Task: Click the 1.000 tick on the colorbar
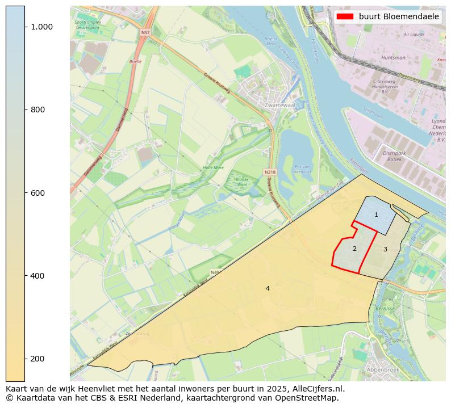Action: (x=41, y=27)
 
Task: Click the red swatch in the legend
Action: (x=345, y=16)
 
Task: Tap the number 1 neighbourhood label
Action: (x=376, y=214)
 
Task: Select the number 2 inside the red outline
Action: (x=354, y=249)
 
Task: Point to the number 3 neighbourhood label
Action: (x=385, y=249)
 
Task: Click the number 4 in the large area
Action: (x=268, y=288)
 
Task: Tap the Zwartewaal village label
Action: (x=278, y=105)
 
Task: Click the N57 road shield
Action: (x=145, y=33)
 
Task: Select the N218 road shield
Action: (x=270, y=171)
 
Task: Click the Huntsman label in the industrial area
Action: (x=393, y=57)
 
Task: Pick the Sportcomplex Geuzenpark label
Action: (x=87, y=24)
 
